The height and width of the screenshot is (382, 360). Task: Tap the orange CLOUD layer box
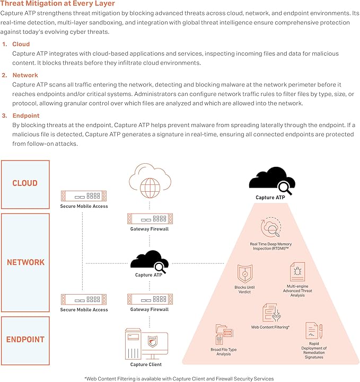click(x=25, y=183)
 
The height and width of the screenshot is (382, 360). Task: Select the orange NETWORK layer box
click(x=25, y=262)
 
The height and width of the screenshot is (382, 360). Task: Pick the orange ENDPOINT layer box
click(x=25, y=340)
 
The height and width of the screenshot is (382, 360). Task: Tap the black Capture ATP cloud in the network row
click(x=149, y=261)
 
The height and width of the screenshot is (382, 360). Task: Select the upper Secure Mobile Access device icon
click(x=84, y=196)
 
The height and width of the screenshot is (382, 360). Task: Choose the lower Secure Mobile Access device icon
click(x=84, y=299)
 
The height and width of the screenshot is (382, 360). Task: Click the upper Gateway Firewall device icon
click(x=149, y=218)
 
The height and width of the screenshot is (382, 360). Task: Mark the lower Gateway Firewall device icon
click(x=149, y=299)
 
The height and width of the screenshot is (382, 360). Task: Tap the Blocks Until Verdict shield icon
click(x=244, y=274)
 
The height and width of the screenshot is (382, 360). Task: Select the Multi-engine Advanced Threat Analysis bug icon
click(x=297, y=272)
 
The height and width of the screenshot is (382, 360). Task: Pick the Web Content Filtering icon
click(x=270, y=313)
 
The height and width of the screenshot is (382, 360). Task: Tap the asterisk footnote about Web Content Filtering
click(x=179, y=378)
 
